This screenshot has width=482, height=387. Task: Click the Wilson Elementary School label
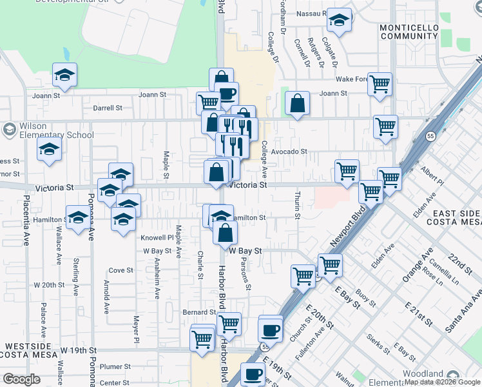pos(48,130)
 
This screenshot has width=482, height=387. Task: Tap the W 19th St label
pos(78,351)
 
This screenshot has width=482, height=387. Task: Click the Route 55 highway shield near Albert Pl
pos(430,136)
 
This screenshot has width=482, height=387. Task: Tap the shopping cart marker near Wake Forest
pos(380,83)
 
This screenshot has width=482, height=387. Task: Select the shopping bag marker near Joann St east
pos(296,103)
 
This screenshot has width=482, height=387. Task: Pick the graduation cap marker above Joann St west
pos(64,75)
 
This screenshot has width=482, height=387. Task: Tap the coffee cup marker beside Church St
pos(270,329)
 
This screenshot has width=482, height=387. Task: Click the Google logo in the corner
pos(21,379)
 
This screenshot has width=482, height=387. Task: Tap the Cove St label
pos(120,270)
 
